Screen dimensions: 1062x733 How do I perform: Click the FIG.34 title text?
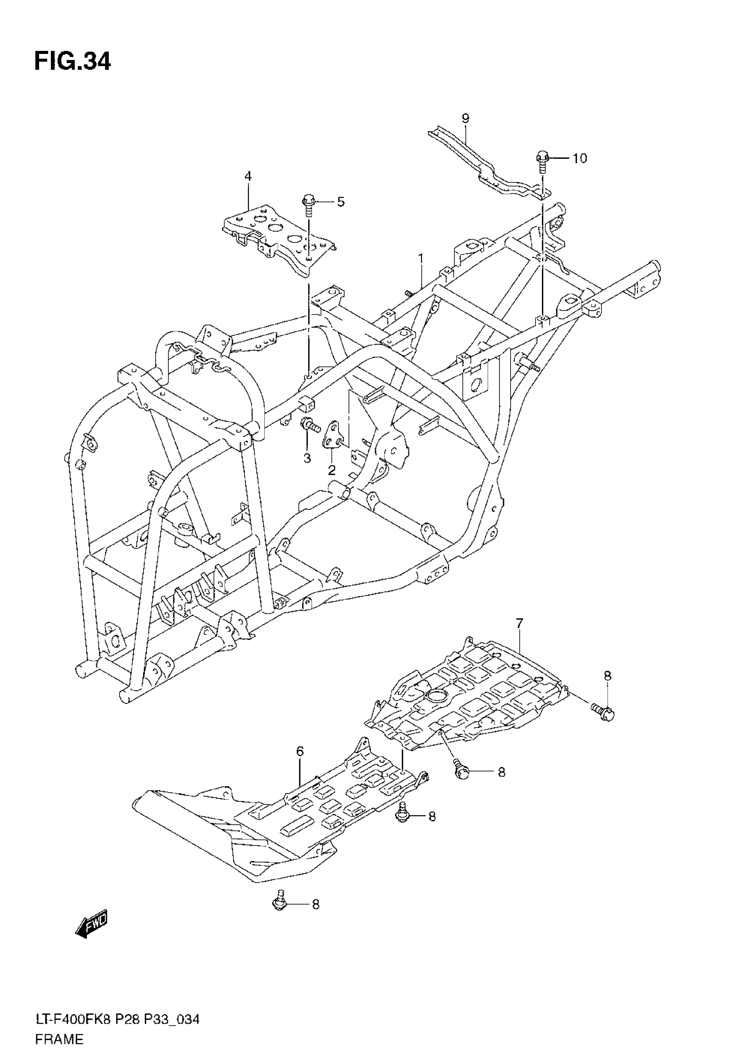pyautogui.click(x=72, y=62)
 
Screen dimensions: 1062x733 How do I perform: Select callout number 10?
pyautogui.click(x=580, y=158)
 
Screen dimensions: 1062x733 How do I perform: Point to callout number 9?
pyautogui.click(x=465, y=119)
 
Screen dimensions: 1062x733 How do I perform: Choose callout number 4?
pyautogui.click(x=248, y=176)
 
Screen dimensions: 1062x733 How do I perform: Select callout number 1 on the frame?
pyautogui.click(x=420, y=259)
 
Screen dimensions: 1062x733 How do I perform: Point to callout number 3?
pyautogui.click(x=307, y=458)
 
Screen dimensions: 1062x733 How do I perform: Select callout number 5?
pyautogui.click(x=340, y=202)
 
